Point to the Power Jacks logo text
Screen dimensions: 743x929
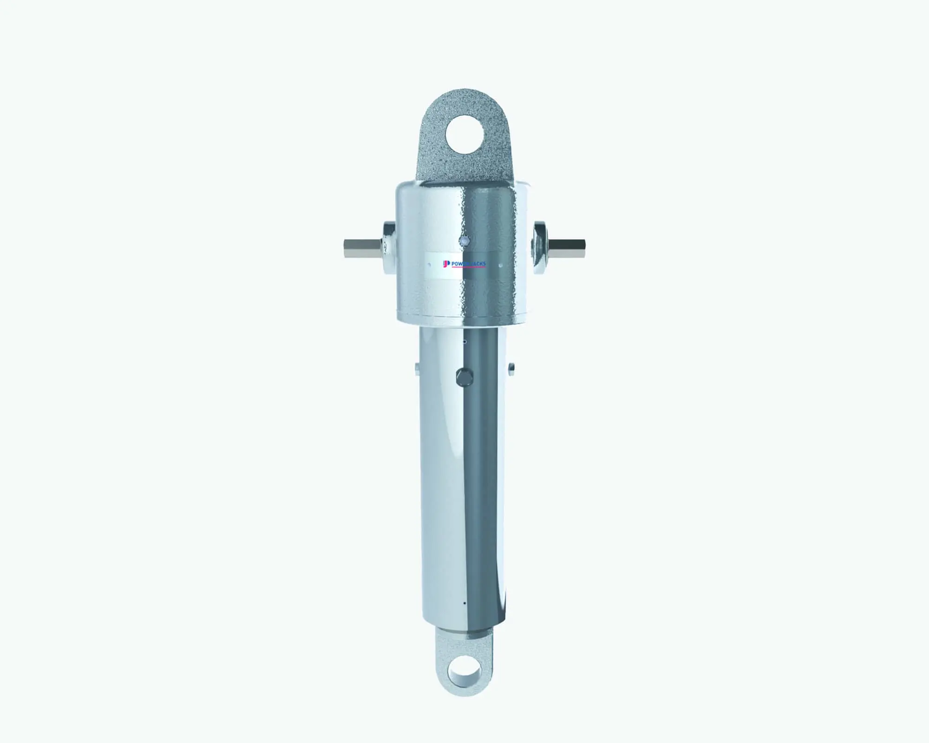468,264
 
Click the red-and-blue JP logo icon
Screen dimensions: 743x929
446,264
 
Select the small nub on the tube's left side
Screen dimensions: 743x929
417,368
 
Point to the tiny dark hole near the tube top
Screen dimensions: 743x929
464,342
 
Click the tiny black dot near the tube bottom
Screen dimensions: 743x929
464,604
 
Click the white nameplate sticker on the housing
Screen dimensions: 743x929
464,265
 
